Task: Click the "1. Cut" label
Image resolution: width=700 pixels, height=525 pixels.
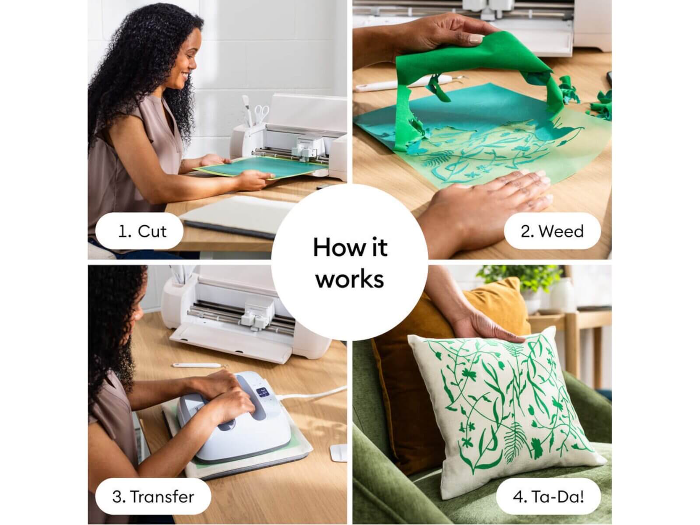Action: [140, 231]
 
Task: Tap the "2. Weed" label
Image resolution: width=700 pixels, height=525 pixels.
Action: [552, 231]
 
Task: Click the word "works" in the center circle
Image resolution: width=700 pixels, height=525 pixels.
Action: [350, 279]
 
